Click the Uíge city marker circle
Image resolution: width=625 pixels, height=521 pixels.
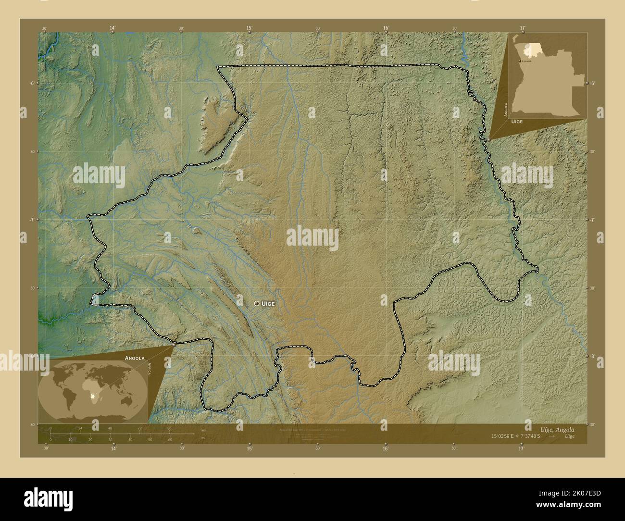[x=257, y=303]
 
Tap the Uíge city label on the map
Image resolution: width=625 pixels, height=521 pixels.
[x=268, y=303]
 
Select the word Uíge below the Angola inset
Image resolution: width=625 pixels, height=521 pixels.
[x=517, y=122]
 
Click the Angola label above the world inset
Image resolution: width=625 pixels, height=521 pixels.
[x=135, y=358]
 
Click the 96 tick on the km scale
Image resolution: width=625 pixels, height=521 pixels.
[x=169, y=428]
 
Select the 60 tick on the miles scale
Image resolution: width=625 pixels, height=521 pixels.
[x=170, y=439]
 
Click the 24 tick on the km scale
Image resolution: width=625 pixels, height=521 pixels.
[x=80, y=428]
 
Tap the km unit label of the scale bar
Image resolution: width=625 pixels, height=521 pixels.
[x=203, y=430]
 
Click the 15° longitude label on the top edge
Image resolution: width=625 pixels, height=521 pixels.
[x=250, y=28]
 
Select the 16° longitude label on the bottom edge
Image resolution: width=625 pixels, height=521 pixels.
[x=386, y=449]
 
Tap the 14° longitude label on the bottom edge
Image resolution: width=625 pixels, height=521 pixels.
[x=113, y=449]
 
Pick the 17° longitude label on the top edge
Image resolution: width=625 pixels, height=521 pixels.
[x=522, y=28]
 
